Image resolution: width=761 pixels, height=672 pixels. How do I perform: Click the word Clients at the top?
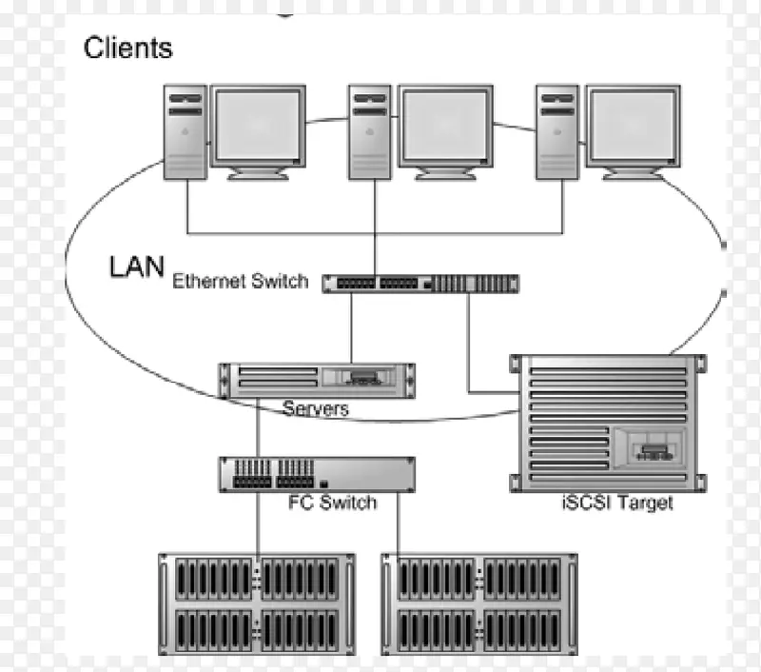[128, 48]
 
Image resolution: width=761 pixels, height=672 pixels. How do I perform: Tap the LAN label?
[137, 267]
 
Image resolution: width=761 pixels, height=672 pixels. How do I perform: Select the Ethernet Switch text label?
[240, 281]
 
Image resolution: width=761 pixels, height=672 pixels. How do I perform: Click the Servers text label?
[316, 409]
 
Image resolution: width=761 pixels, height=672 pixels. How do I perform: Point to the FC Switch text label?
[332, 502]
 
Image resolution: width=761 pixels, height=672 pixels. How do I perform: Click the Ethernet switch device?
[420, 283]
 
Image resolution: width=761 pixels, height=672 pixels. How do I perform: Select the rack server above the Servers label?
[316, 380]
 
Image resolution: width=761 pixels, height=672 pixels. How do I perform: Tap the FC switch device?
[317, 474]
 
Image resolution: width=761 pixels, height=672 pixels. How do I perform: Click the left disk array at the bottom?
[256, 604]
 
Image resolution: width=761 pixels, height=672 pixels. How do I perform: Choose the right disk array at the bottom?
[479, 604]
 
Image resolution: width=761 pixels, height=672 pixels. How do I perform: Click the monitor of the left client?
[258, 128]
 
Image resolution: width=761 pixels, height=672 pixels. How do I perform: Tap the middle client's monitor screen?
[444, 128]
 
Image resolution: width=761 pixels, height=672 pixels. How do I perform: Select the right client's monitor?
[632, 128]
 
